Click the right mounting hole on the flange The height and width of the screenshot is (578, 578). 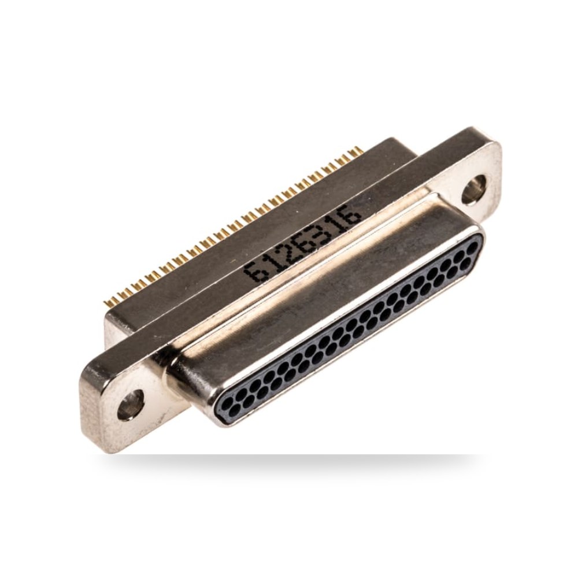pos(474,189)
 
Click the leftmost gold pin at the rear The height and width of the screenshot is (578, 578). pos(108,303)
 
